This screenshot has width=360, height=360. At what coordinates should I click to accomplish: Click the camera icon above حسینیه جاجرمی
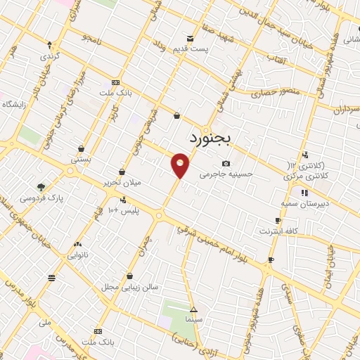226,163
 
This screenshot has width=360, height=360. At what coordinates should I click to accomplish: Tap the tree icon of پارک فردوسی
41,187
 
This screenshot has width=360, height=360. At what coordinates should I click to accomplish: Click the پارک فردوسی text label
41,198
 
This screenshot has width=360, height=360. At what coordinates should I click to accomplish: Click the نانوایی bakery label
77,255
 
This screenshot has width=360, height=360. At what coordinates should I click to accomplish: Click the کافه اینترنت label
278,231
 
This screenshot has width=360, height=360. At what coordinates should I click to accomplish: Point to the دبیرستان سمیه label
305,202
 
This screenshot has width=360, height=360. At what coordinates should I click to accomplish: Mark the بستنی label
80,160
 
